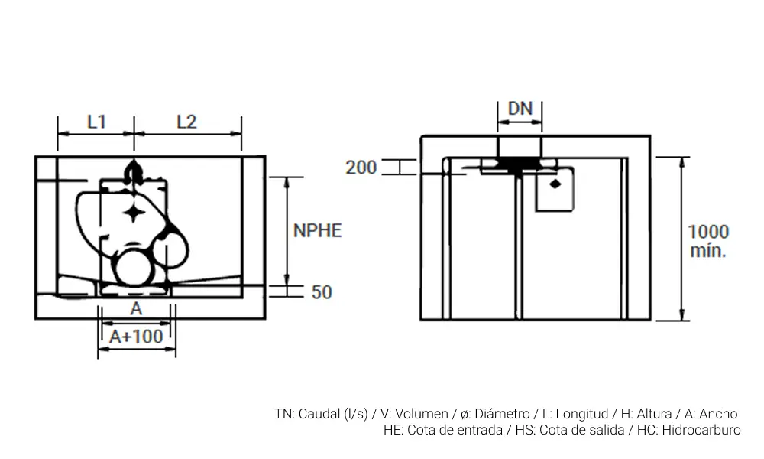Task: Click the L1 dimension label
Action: point(95,121)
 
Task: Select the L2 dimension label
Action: point(186,121)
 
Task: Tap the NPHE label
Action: point(317,229)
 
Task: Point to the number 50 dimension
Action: point(322,291)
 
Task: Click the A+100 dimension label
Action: point(136,336)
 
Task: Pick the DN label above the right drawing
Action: point(520,108)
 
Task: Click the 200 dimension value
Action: point(361,167)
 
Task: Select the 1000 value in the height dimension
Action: point(708,231)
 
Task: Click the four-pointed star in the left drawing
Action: point(134,213)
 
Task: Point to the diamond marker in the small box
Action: point(555,184)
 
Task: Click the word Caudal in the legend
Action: point(320,414)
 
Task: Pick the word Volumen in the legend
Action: point(423,414)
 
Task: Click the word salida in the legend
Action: point(591,430)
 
